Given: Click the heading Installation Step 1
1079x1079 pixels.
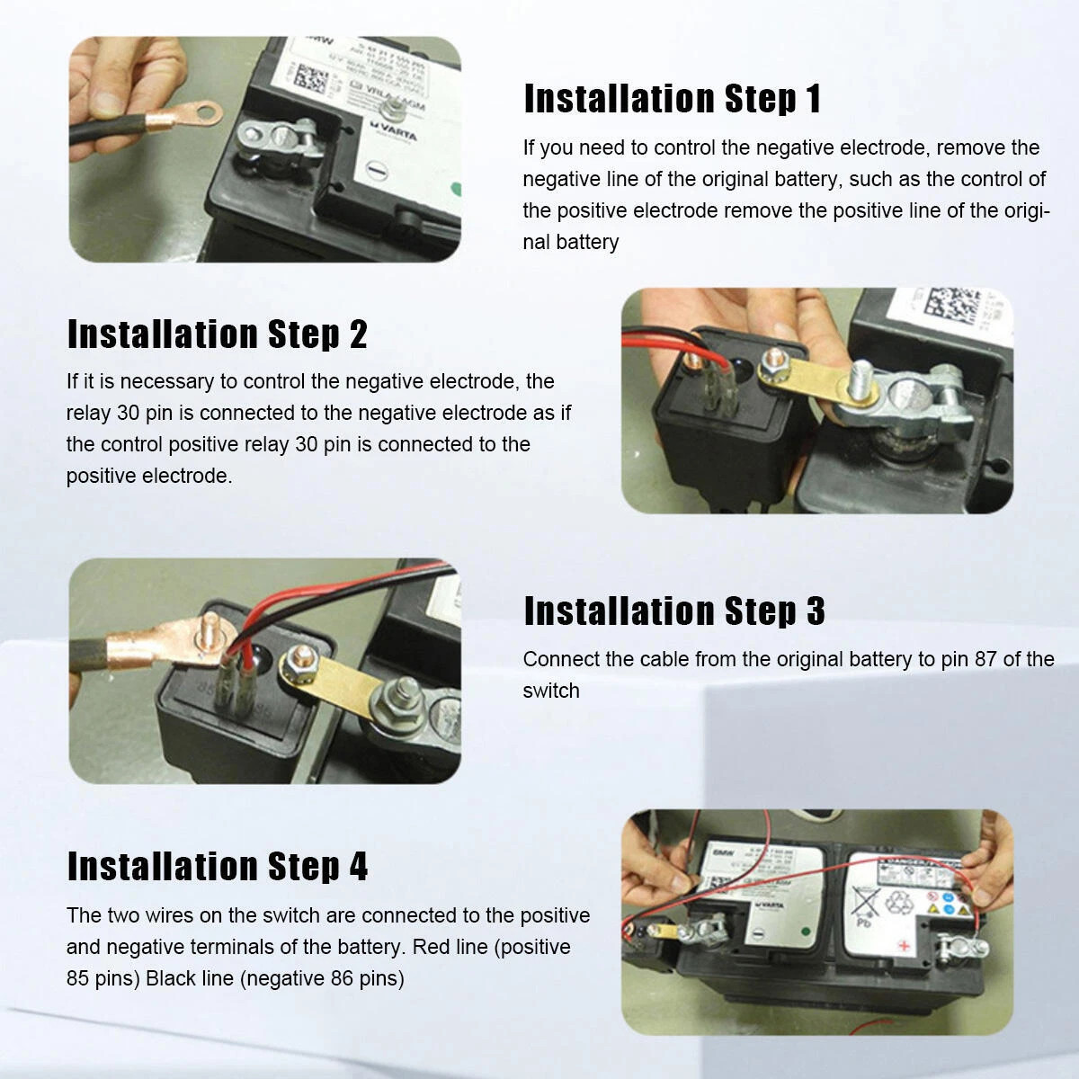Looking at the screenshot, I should (x=672, y=99).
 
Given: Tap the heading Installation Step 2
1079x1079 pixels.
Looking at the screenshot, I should (x=217, y=334).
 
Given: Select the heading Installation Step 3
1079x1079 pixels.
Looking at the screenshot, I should (x=673, y=611).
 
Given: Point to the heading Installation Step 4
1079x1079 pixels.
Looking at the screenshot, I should (x=217, y=866).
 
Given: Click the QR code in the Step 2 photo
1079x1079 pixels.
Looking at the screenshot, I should (x=953, y=311).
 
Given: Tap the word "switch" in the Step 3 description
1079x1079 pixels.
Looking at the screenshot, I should (x=550, y=691).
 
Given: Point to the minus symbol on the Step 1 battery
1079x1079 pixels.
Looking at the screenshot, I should (x=378, y=168).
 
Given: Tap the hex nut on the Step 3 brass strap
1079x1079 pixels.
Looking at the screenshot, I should (x=293, y=665).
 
